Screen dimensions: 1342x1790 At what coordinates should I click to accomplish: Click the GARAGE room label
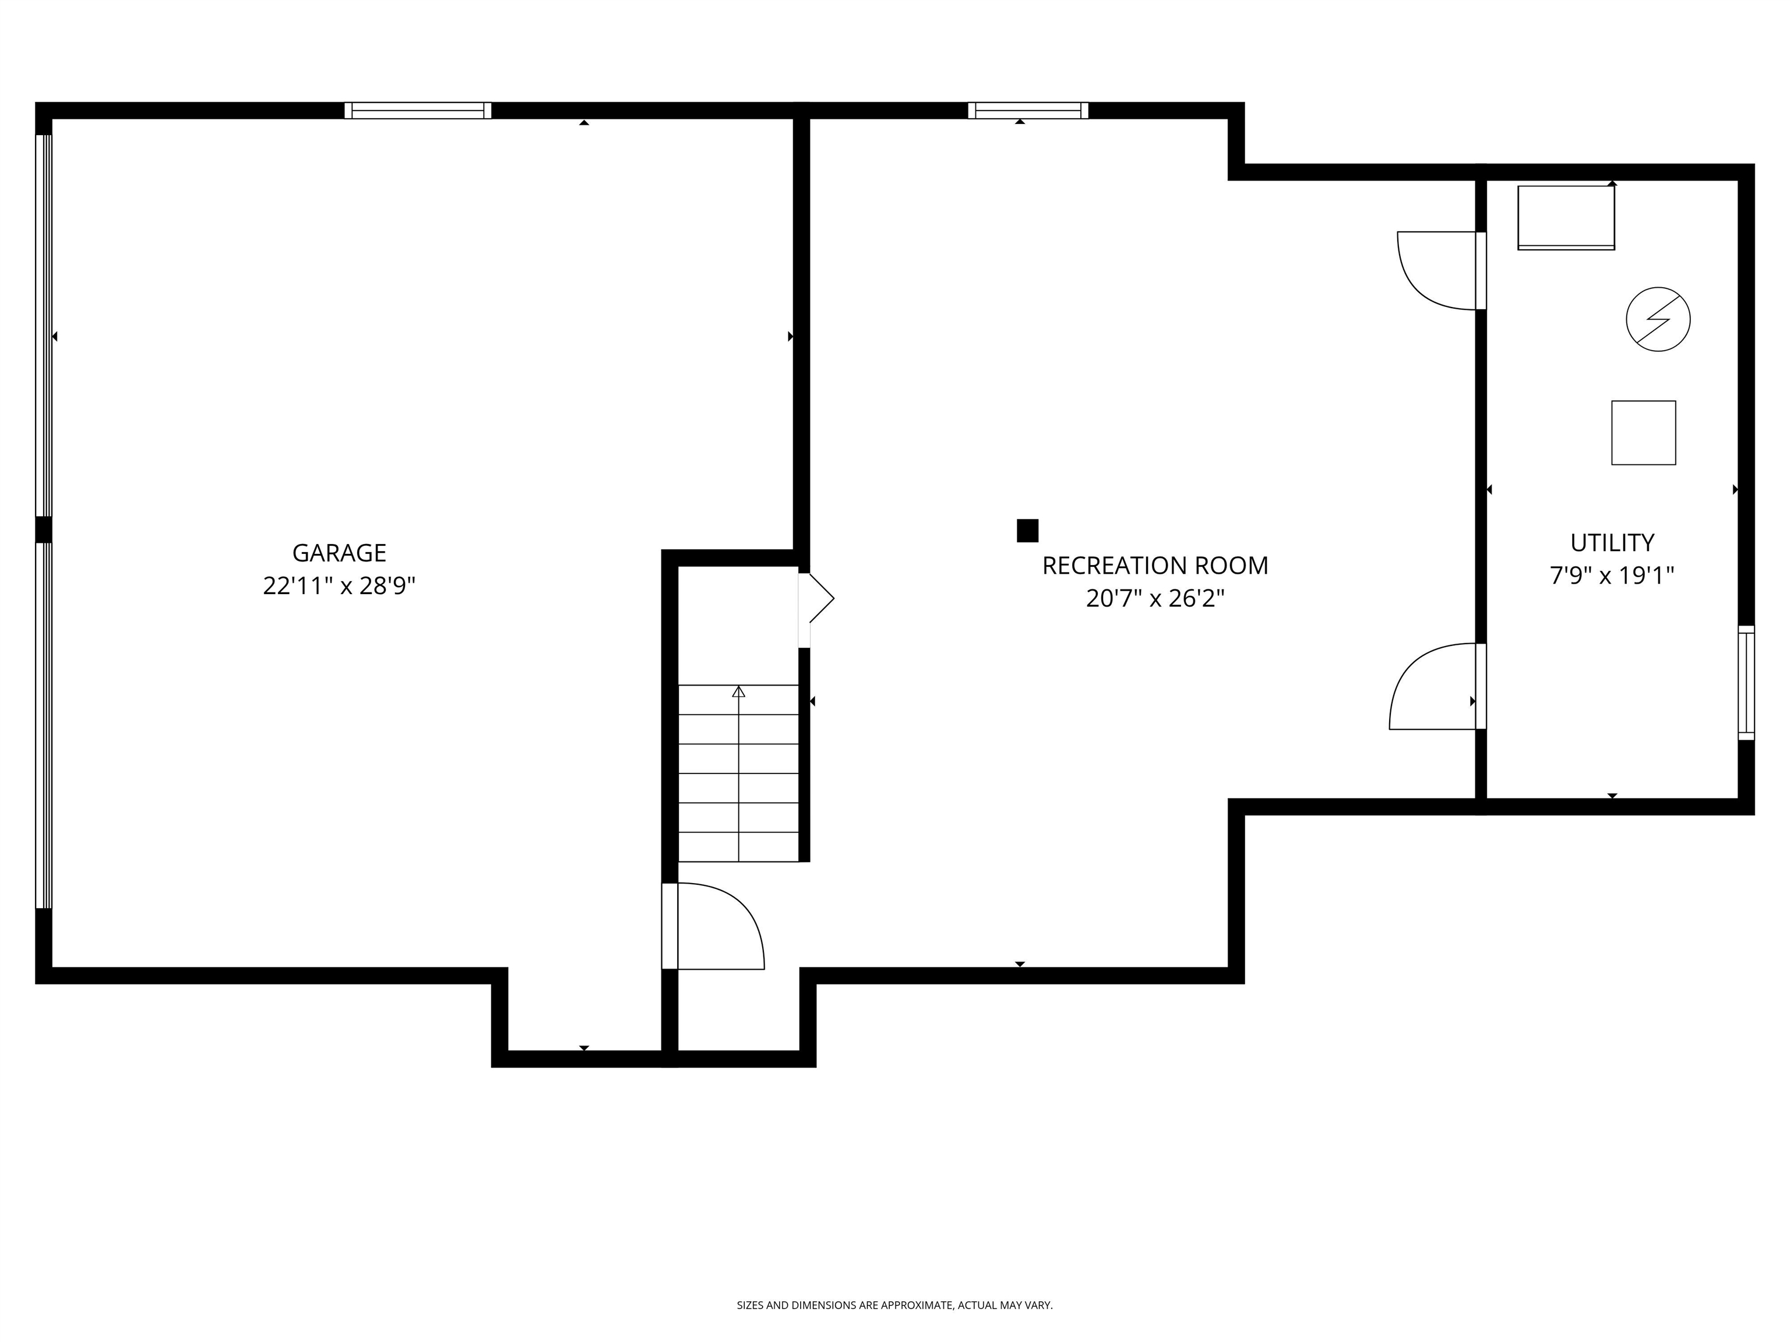tap(339, 553)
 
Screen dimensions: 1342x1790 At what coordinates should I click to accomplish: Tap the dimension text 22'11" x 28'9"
tap(339, 585)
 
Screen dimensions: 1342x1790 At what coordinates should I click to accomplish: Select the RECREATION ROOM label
tap(1155, 566)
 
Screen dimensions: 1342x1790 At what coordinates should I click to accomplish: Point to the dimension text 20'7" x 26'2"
tap(1155, 599)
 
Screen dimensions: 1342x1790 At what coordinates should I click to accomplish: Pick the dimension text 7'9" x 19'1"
tap(1612, 575)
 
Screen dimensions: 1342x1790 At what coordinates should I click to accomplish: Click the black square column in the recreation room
tap(1027, 531)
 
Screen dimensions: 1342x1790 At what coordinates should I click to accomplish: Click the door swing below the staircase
tap(716, 926)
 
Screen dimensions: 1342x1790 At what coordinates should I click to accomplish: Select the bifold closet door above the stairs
tap(816, 599)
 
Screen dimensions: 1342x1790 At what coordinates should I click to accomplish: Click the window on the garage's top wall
tap(418, 111)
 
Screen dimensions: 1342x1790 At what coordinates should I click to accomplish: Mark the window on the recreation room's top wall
tap(1028, 111)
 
